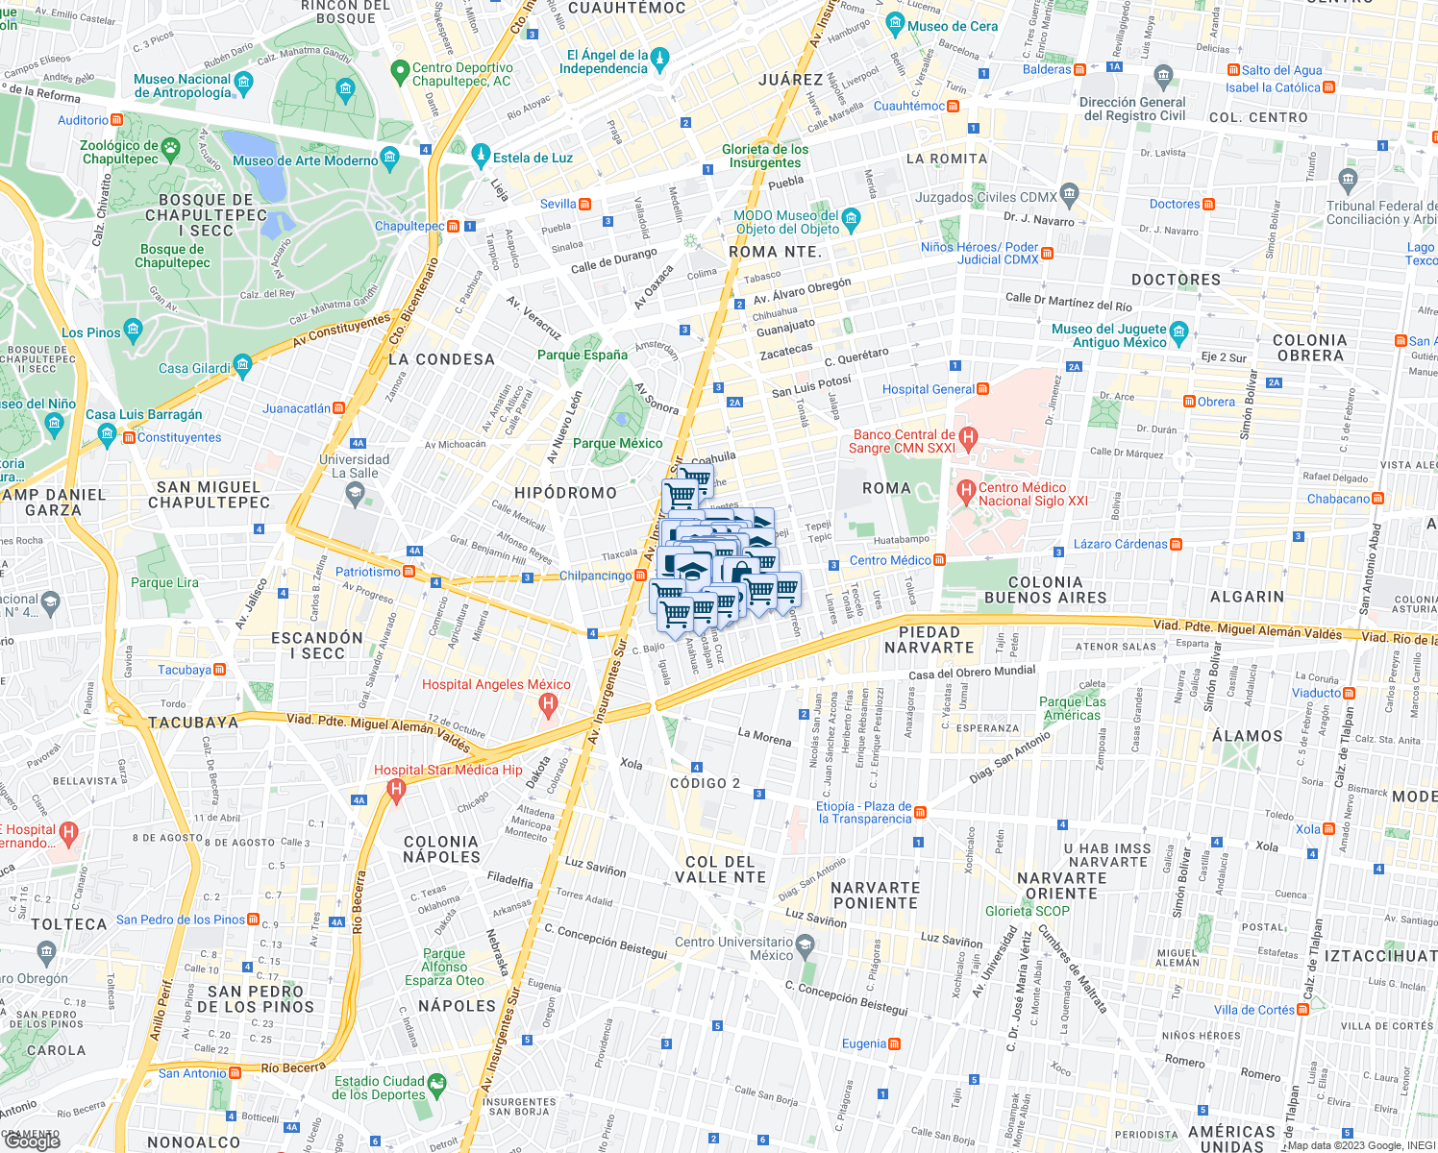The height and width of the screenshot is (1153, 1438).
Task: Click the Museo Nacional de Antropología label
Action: point(183,86)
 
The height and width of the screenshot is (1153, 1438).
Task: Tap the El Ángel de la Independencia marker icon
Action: point(659,61)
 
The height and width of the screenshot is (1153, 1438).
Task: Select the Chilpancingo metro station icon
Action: point(640,576)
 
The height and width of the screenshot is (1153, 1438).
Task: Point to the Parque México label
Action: point(617,443)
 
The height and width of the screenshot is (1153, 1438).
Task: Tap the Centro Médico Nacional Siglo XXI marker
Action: point(967,493)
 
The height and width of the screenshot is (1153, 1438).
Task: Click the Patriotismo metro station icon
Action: point(409,572)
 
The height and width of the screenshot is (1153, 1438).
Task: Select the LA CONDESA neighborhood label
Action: point(441,359)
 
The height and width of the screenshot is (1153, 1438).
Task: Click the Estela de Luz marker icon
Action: point(482,155)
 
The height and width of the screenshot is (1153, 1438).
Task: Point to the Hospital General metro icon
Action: point(982,389)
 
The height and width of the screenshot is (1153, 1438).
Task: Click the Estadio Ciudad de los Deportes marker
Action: point(436,1086)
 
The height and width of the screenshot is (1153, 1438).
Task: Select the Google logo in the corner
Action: point(32,1141)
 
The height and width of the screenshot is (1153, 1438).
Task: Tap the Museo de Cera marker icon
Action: point(896,25)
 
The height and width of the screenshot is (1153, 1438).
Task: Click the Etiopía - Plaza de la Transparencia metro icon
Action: point(920,813)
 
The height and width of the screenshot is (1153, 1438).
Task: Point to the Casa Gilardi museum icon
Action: point(242,365)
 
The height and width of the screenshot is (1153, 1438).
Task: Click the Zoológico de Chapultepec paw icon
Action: point(171,148)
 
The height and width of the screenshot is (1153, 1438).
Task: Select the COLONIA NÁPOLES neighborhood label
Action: point(441,849)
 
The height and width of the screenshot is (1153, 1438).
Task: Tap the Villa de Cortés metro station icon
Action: point(1302,1010)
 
